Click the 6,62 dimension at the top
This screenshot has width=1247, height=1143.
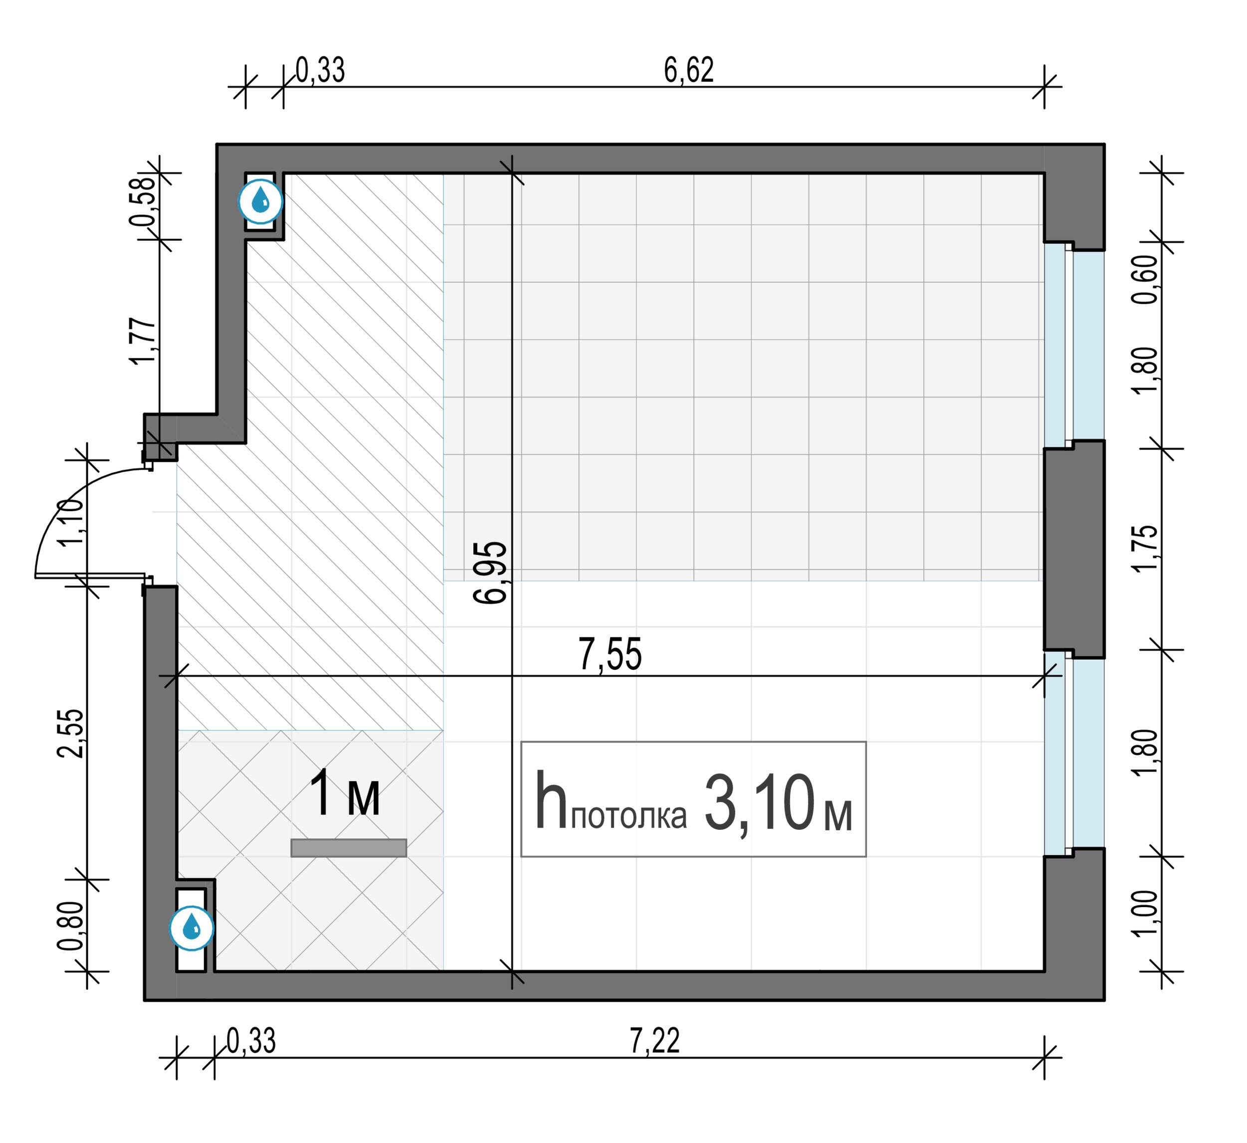(688, 70)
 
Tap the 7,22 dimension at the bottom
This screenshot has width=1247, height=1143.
(655, 1040)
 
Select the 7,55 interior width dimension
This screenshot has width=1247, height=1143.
(611, 654)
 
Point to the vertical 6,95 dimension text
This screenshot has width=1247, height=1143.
(490, 572)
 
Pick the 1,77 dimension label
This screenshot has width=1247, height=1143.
(143, 342)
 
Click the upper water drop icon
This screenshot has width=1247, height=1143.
(261, 200)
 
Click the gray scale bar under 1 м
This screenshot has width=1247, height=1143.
(349, 847)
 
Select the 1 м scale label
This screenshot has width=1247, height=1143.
(345, 793)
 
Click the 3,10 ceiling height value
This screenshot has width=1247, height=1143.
(760, 803)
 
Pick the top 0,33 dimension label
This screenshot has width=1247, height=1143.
(320, 70)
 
